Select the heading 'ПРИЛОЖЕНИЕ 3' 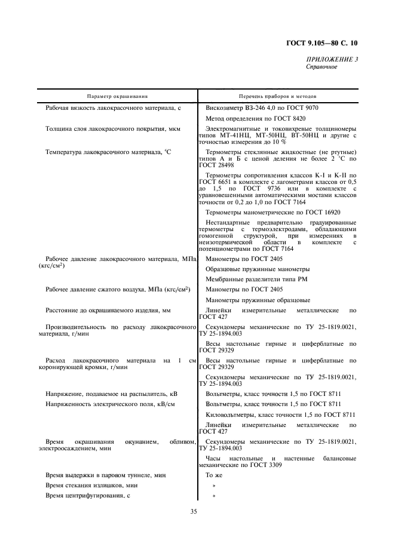click(332, 59)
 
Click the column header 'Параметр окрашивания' click(117, 96)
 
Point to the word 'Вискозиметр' click(225, 109)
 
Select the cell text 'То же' click(213, 475)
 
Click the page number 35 click(194, 511)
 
